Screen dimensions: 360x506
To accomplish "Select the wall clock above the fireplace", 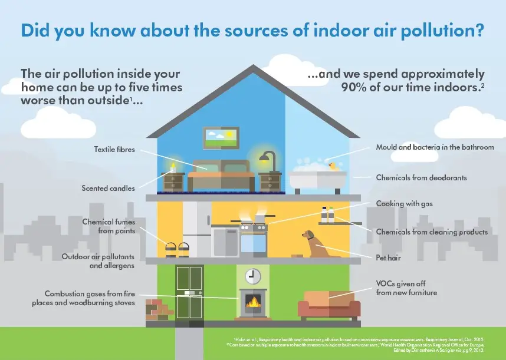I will (x=252, y=275).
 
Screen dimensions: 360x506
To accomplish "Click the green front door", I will (x=189, y=293).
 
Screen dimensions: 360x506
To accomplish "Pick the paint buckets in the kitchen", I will (x=176, y=248).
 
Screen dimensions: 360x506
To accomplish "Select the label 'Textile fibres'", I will (x=114, y=150).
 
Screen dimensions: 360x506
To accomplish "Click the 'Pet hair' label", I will (x=389, y=257).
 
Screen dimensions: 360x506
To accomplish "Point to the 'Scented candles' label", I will (x=108, y=189).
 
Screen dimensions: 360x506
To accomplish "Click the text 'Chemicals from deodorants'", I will (x=421, y=177).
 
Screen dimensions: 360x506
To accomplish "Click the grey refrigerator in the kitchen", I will (x=196, y=229).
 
